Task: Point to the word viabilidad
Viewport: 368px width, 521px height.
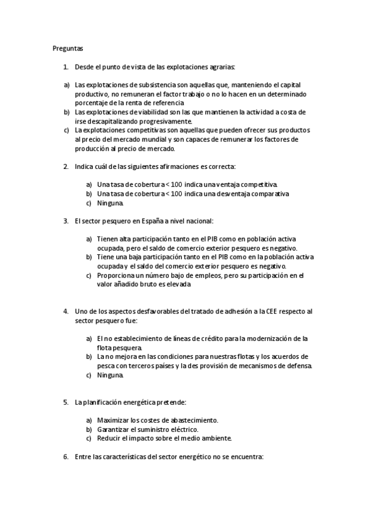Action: (144, 112)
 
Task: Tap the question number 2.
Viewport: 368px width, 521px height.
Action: (66, 166)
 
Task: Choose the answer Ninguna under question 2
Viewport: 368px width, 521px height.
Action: (110, 203)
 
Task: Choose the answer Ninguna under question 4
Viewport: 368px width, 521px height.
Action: (110, 375)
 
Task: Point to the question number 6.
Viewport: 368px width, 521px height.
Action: (66, 456)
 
